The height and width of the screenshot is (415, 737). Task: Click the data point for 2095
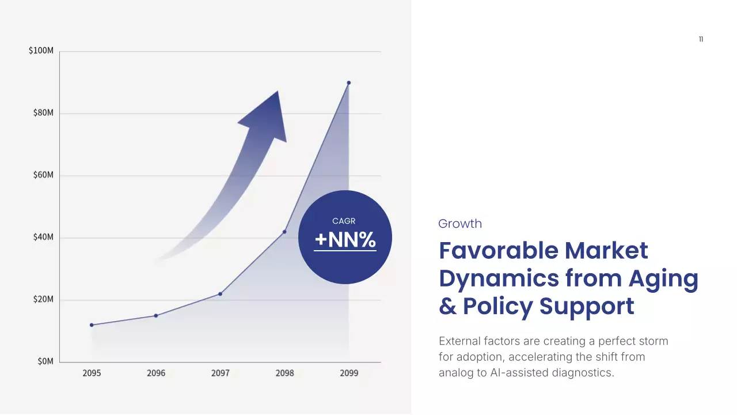pos(92,325)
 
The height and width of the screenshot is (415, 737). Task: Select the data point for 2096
pos(156,316)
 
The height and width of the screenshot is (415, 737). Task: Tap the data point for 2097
pos(220,294)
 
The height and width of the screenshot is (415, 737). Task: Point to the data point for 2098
pos(284,232)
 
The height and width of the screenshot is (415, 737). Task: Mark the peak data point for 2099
pos(349,83)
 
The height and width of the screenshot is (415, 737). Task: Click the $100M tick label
pos(41,51)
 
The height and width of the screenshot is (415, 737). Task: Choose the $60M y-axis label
pos(43,175)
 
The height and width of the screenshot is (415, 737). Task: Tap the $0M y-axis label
pos(45,361)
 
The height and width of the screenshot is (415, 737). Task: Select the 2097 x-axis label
pos(220,373)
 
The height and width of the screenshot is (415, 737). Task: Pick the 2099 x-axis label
pos(349,373)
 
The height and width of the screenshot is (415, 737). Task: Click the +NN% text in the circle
pos(345,240)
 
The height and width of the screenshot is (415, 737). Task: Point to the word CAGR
pos(344,221)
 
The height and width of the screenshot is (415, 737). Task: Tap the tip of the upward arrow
pos(278,92)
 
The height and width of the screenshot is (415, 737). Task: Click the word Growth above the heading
pos(460,224)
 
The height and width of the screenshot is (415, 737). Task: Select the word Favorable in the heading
pos(497,251)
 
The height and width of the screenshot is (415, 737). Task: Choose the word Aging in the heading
pos(663,278)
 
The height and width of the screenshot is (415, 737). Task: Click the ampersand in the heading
pos(447,307)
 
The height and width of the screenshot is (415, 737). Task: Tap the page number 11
pos(701,39)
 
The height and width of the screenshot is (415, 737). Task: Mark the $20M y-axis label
pos(43,299)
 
